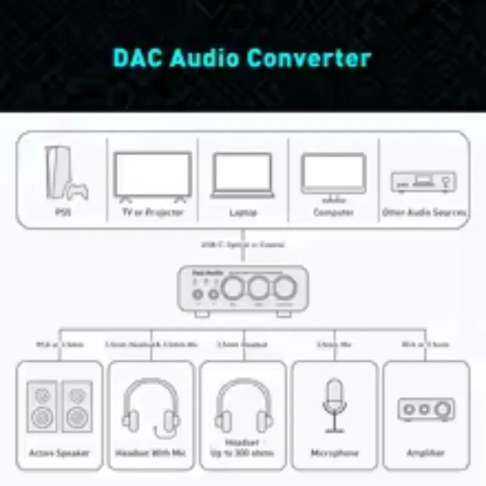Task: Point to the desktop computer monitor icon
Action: point(334,177)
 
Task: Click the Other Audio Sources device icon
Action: point(423,182)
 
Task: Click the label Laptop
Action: point(243,213)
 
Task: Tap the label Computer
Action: point(334,213)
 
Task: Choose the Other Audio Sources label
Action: point(424,213)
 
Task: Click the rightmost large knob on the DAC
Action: point(284,287)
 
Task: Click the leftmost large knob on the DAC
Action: point(233,287)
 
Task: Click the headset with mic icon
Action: point(151,408)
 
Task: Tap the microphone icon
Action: point(334,403)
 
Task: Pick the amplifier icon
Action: point(425,408)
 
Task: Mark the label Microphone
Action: point(334,453)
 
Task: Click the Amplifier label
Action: point(425,453)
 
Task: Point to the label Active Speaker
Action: point(60,453)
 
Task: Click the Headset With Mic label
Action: point(151,453)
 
